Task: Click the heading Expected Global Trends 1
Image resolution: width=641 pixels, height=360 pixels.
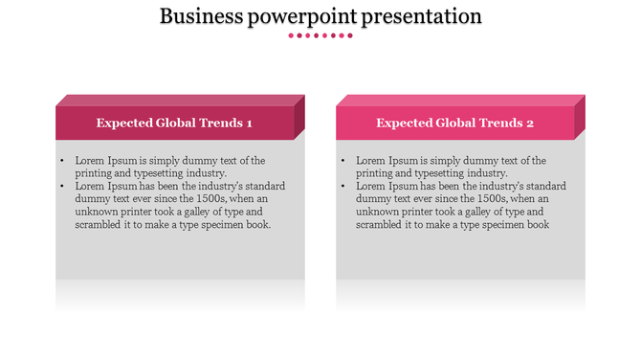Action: coord(174,124)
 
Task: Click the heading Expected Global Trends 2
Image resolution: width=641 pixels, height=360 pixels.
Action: coord(454,124)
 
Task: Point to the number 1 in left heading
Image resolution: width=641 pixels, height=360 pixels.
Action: coord(249,124)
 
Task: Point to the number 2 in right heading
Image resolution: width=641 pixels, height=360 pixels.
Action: coord(529,124)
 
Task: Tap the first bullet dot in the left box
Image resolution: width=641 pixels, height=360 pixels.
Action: coord(61,161)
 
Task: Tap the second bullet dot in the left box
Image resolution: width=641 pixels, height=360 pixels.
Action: coord(61,187)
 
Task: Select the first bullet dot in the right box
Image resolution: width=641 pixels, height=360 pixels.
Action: coord(343,161)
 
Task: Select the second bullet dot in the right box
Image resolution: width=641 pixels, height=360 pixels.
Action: coord(343,187)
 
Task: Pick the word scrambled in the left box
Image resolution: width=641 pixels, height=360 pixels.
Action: coord(99,225)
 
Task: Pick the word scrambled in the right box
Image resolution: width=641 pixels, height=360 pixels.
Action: coord(380,225)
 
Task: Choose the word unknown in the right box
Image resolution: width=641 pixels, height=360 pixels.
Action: coord(381,213)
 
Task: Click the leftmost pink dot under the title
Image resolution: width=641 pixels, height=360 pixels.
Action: coord(291,35)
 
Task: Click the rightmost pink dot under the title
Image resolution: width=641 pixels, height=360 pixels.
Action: coord(350,35)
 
